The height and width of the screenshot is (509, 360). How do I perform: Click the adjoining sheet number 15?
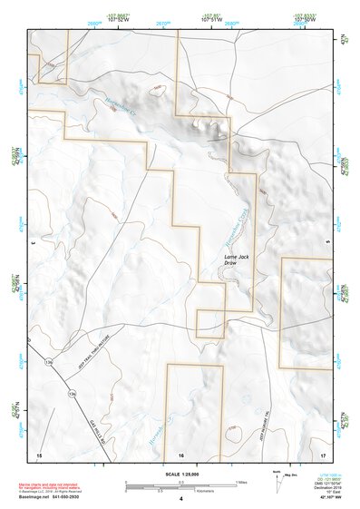coord(39,454)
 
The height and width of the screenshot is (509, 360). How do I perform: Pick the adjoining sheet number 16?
coord(181,454)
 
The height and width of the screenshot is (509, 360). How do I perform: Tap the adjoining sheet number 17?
coord(324,454)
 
